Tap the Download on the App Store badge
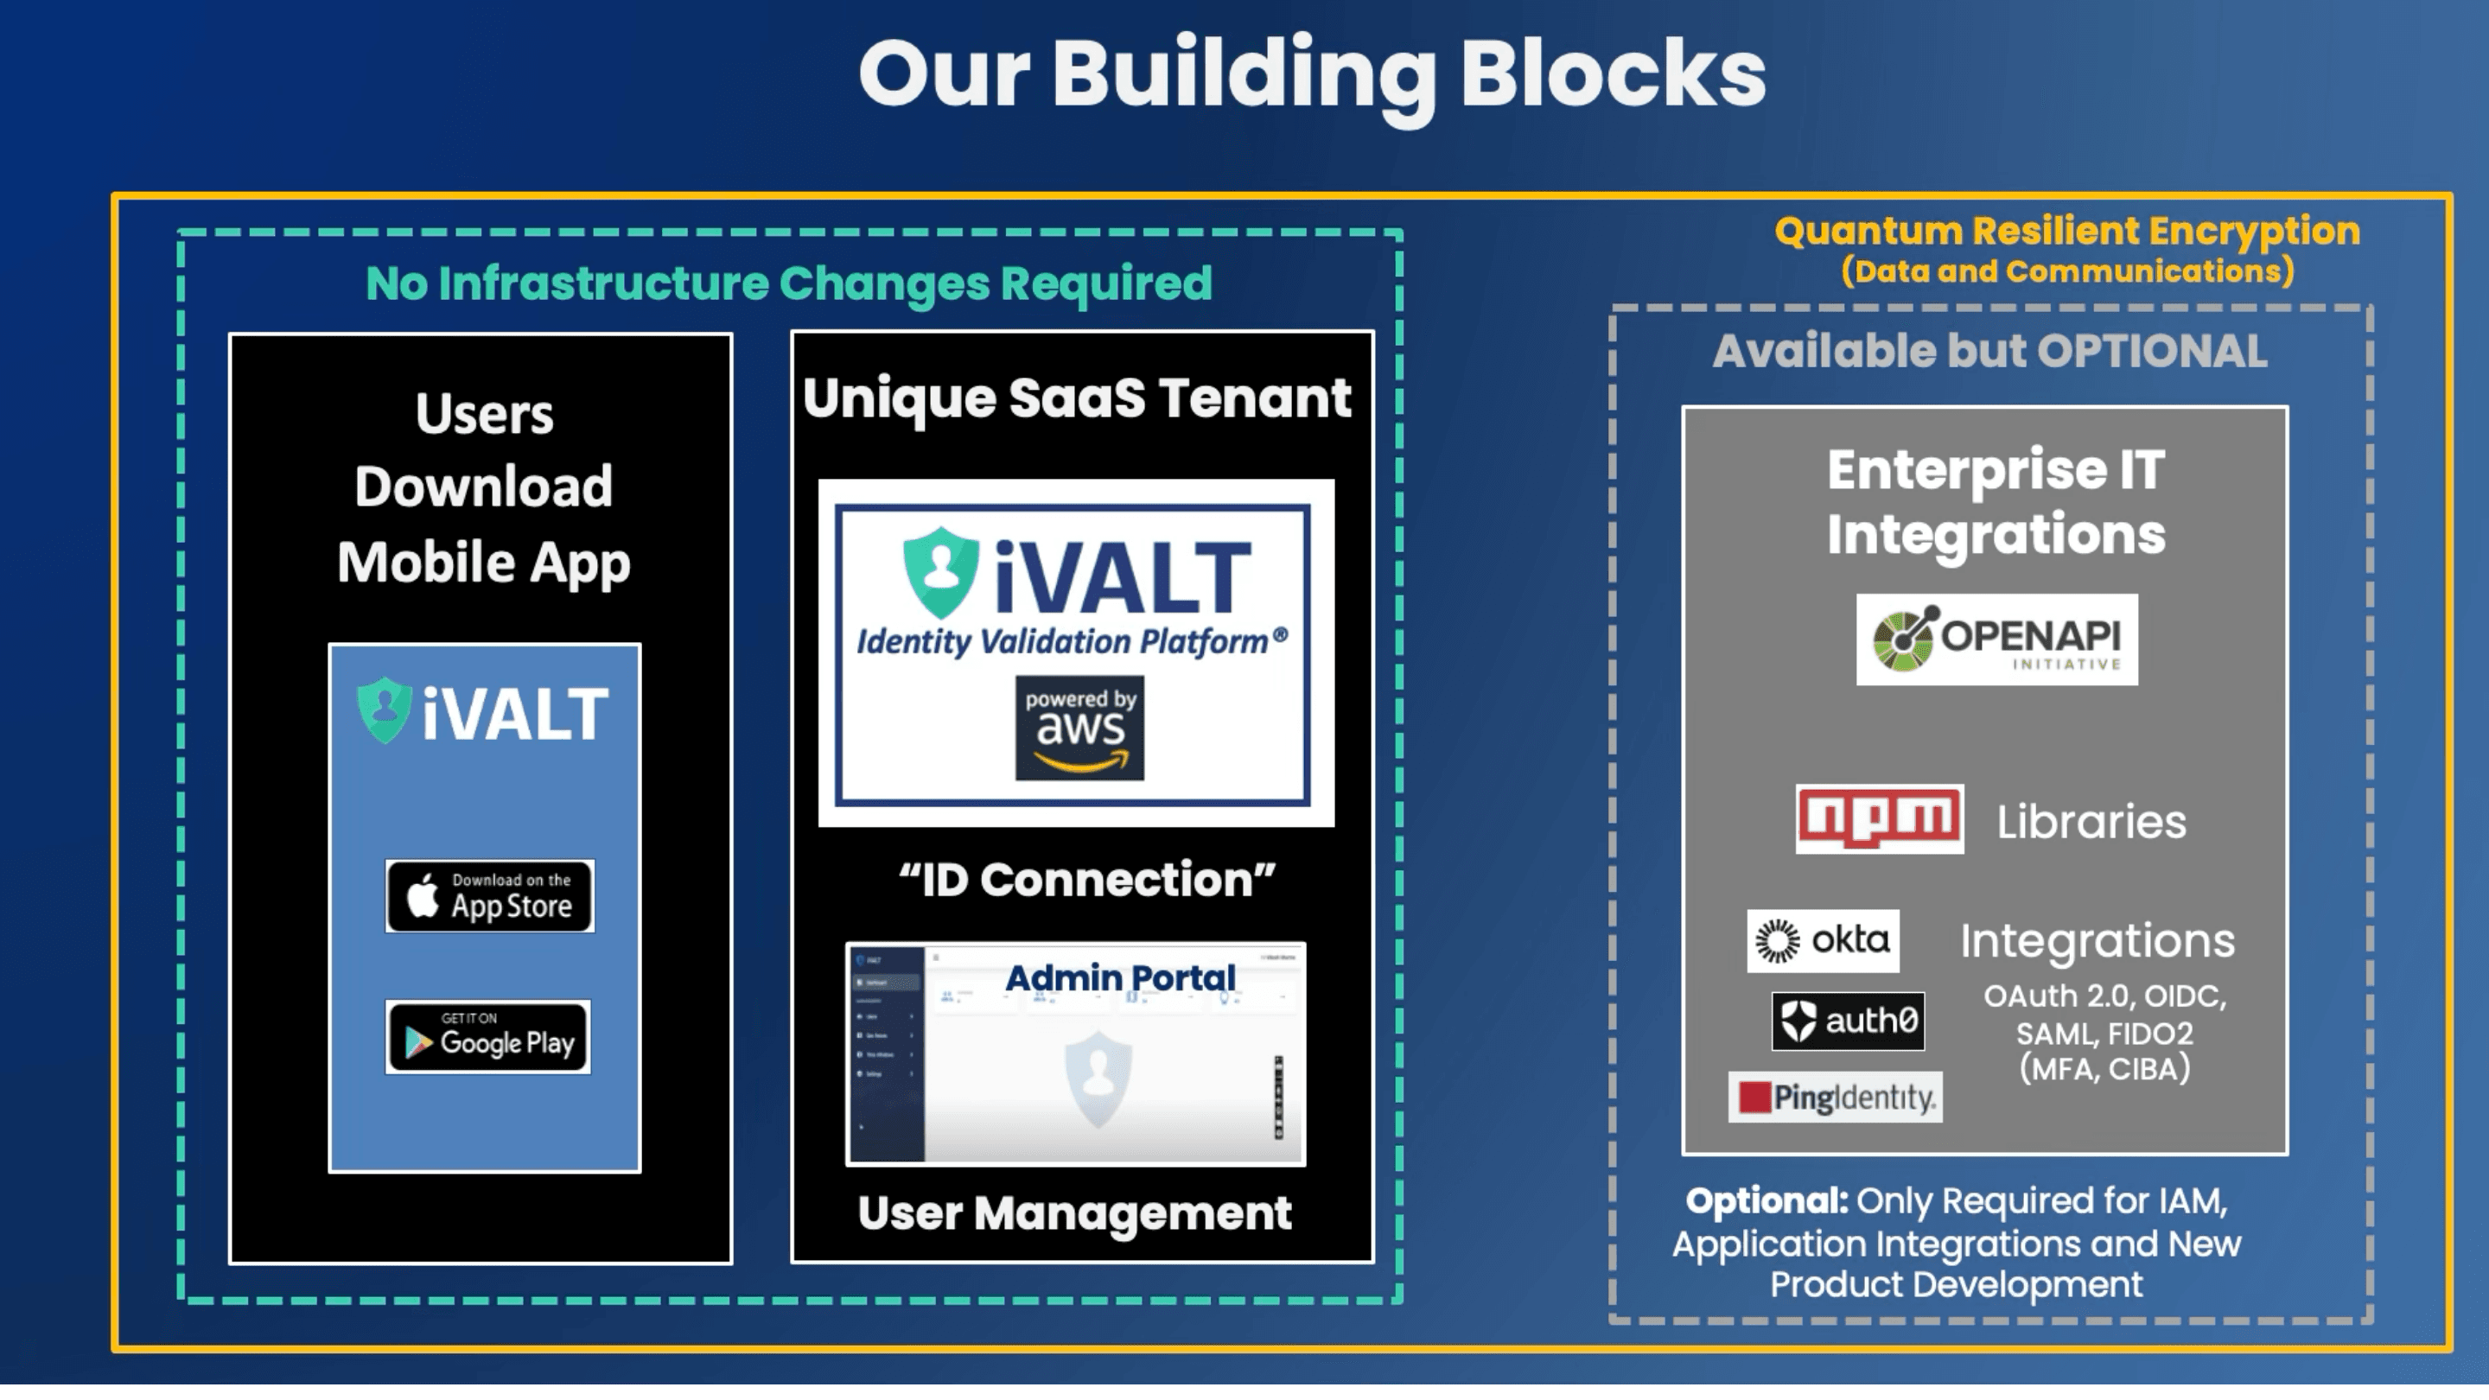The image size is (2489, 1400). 490,895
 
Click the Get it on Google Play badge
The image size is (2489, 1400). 488,1037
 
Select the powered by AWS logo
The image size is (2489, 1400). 1079,728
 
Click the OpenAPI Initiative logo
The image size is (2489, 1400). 1996,640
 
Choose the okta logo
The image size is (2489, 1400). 1823,940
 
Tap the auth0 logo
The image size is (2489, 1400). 1848,1021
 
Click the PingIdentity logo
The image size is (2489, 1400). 1835,1097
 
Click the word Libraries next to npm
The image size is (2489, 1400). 2091,822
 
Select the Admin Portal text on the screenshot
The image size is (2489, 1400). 1120,977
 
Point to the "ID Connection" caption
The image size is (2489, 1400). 1086,879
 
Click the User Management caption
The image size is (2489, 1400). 1074,1213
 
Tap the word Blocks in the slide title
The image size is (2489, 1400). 1613,74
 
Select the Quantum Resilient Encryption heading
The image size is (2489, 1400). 2066,232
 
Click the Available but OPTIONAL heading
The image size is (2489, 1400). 1989,352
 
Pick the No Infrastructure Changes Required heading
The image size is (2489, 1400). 788,283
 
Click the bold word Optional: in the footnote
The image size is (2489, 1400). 1766,1201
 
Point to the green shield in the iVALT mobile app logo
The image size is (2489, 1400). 385,710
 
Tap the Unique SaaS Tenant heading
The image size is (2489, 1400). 1076,398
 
